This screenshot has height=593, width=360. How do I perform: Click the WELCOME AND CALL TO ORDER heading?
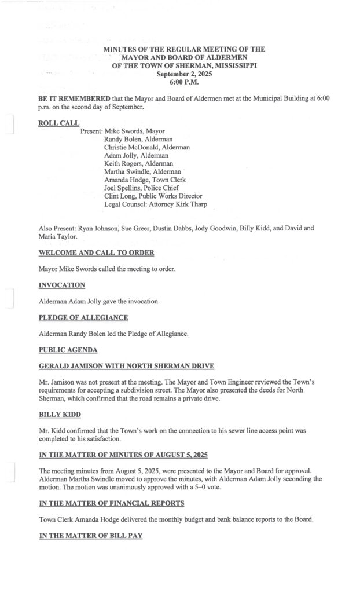point(97,253)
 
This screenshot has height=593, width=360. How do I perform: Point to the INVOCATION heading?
point(62,285)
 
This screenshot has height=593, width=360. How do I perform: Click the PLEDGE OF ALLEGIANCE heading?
point(83,317)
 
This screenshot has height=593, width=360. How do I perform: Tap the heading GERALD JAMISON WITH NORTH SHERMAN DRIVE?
point(126,366)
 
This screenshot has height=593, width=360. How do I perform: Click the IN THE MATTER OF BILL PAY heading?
point(90,536)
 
